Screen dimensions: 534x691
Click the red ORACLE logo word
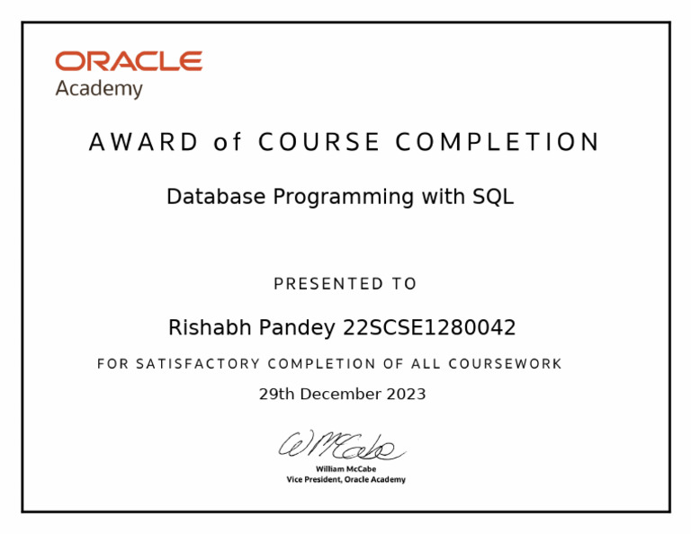click(x=129, y=61)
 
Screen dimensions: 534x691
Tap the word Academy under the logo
click(x=99, y=89)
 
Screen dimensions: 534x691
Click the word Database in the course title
click(x=217, y=197)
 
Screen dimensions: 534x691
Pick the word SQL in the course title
click(x=493, y=197)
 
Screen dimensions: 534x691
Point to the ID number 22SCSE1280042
click(x=429, y=328)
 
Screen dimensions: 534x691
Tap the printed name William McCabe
click(x=345, y=468)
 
